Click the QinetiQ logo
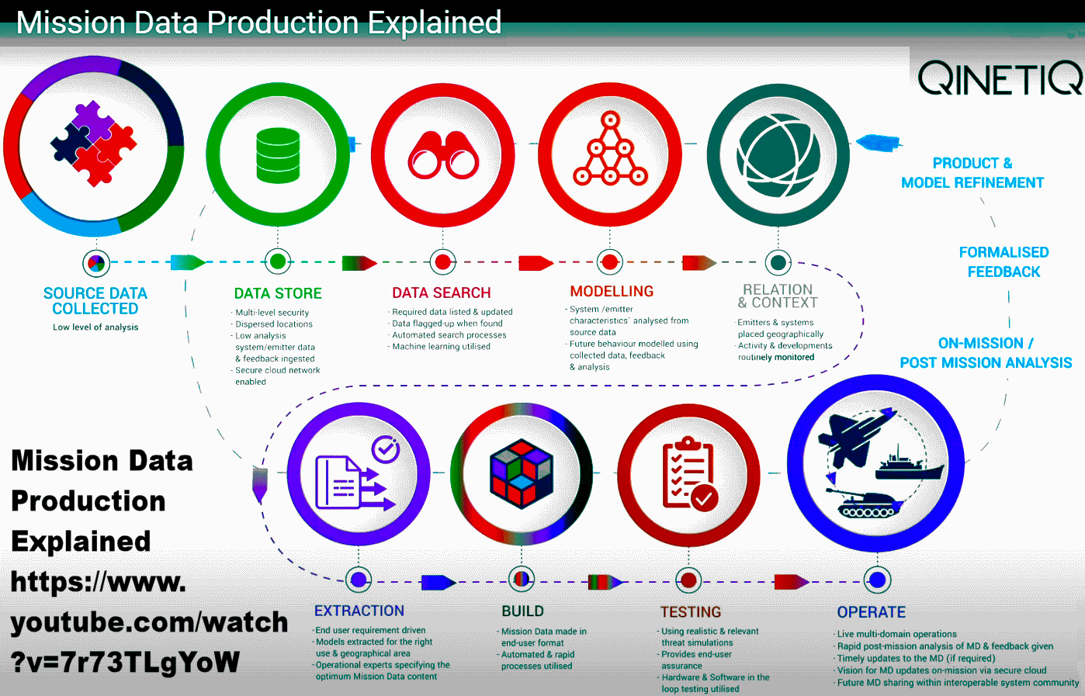(x=1000, y=78)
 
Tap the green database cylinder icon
(x=278, y=155)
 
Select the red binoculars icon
(x=443, y=155)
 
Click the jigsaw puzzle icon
(x=93, y=144)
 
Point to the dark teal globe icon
(x=778, y=155)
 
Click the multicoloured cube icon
(x=522, y=473)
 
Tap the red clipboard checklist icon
(x=688, y=473)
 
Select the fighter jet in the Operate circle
(x=856, y=436)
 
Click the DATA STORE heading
(x=278, y=293)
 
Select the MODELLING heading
(x=612, y=291)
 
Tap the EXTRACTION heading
(x=359, y=611)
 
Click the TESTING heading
(x=691, y=612)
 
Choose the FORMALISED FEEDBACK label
(x=1004, y=262)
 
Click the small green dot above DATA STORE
(x=278, y=261)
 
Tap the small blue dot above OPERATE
(x=877, y=580)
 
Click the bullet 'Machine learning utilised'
(x=441, y=346)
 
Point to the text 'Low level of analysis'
(x=95, y=327)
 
